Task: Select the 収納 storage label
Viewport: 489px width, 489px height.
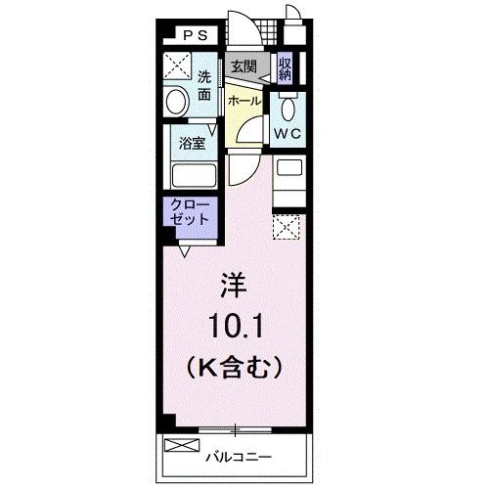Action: [286, 68]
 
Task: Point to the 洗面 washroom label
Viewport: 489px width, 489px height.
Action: [203, 86]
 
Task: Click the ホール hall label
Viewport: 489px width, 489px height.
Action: [244, 100]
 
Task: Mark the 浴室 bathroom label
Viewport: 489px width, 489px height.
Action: [192, 143]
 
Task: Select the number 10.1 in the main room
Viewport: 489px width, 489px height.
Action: [235, 324]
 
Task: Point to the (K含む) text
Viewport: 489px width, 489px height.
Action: [235, 366]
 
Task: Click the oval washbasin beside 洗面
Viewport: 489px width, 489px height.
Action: [178, 101]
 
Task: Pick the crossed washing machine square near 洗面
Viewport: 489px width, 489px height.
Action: [178, 67]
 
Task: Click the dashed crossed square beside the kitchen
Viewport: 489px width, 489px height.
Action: [287, 228]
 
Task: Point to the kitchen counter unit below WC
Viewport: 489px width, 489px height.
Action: [289, 181]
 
